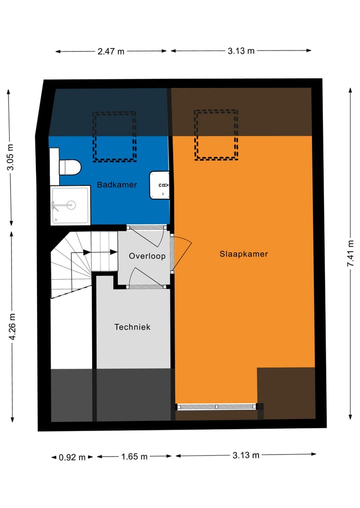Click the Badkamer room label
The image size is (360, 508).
tap(117, 185)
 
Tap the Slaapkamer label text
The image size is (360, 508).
tap(243, 254)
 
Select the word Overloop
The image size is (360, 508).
tap(147, 256)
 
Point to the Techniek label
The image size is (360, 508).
tap(132, 327)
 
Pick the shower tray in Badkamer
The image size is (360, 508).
tap(70, 205)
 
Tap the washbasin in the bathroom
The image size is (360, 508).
tap(160, 185)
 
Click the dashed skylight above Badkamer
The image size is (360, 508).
tap(114, 136)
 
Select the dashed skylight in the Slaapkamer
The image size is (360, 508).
tap(216, 135)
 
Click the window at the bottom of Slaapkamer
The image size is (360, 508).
tap(216, 407)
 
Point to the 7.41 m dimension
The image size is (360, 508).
tap(351, 253)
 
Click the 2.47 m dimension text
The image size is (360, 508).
tap(111, 51)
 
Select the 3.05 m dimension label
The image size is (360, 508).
tap(10, 157)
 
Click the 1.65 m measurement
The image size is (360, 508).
tap(134, 457)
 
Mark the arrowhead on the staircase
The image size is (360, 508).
tap(86, 252)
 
